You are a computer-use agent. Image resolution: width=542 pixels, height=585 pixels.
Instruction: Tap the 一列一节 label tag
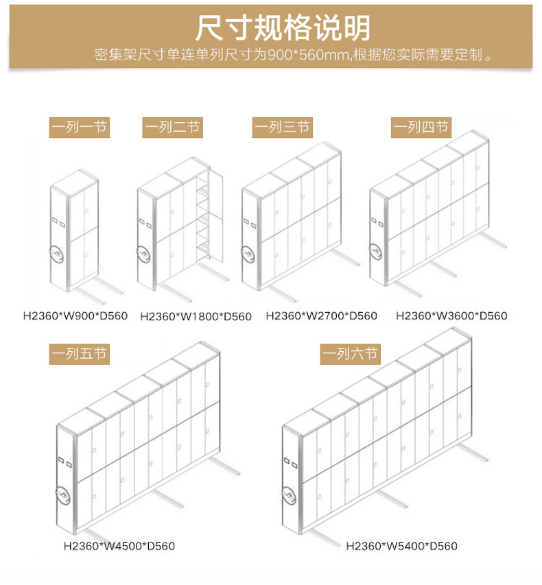pos(79,128)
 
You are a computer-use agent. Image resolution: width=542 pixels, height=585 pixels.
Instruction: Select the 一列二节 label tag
pos(172,128)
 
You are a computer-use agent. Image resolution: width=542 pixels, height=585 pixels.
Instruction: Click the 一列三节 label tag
pos(282,128)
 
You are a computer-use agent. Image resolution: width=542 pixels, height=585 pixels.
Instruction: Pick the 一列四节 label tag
pos(421,128)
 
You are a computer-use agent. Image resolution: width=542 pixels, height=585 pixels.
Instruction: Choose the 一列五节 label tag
pos(79,355)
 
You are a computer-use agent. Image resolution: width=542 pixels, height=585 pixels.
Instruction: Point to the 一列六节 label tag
pos(350,355)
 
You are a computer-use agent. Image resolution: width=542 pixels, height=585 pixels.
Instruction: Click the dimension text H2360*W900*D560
pos(75,316)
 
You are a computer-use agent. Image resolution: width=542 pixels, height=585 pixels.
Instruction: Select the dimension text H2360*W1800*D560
pos(196,317)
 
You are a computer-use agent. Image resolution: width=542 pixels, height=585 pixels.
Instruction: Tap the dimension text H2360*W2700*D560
pos(322,316)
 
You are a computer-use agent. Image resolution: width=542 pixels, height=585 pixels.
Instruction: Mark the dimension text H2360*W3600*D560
pos(451,316)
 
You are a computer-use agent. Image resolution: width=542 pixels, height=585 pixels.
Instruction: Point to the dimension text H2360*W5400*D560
pos(401,547)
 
